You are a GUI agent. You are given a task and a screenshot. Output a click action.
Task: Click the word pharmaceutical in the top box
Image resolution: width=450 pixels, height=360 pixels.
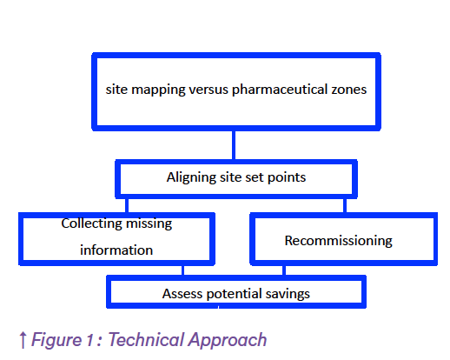click(x=280, y=90)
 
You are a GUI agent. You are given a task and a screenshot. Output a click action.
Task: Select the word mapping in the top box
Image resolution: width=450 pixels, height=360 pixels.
click(x=158, y=90)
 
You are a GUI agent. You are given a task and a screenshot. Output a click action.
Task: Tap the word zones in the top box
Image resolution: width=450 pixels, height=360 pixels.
click(x=349, y=90)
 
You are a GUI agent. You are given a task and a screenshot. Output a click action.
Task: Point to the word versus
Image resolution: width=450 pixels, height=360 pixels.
click(x=208, y=90)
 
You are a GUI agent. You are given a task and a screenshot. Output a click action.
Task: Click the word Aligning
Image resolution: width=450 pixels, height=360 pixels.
click(x=191, y=177)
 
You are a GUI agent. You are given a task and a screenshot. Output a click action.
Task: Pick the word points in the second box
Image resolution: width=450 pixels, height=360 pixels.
click(x=287, y=177)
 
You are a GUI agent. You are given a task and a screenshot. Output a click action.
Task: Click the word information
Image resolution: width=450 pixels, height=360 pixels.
click(x=116, y=250)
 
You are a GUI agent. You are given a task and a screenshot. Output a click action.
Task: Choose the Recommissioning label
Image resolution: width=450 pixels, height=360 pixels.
click(x=338, y=241)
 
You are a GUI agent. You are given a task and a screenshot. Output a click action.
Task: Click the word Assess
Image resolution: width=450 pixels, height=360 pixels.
click(x=182, y=294)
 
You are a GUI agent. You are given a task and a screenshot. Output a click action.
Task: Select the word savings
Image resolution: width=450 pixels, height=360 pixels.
click(x=288, y=294)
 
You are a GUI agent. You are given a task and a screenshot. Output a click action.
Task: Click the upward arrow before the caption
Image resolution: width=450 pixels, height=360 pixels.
click(x=23, y=340)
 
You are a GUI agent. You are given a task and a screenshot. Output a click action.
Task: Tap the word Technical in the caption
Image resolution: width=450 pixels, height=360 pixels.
click(x=146, y=339)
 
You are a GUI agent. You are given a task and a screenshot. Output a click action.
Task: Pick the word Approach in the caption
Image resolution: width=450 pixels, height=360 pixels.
click(x=228, y=340)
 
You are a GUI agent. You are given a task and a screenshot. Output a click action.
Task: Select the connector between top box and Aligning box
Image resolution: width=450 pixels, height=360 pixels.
click(x=234, y=145)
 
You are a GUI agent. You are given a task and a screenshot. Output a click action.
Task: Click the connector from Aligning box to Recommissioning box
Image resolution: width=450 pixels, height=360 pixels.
click(x=345, y=206)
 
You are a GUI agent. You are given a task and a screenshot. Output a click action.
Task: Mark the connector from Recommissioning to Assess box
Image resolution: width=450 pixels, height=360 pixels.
click(x=284, y=270)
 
